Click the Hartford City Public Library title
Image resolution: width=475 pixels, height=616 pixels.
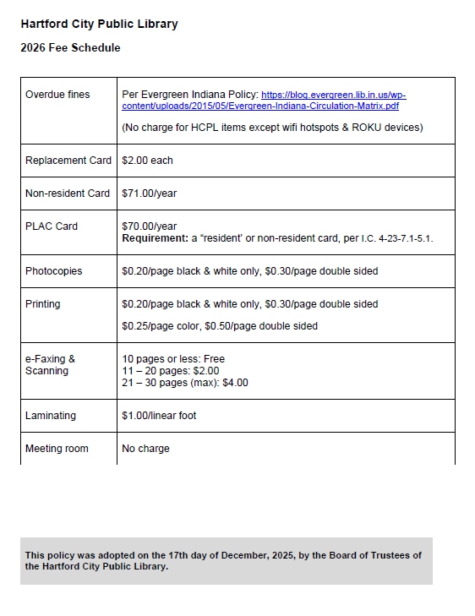(99, 25)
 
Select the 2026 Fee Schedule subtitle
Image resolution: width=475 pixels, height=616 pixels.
(70, 48)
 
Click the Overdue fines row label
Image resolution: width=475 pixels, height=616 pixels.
(57, 95)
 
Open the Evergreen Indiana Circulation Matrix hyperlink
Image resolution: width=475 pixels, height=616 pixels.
(333, 101)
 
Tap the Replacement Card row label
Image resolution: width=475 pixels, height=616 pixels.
(68, 161)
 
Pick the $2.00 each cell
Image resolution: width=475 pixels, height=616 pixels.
(147, 161)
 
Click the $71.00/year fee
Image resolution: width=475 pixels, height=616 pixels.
(150, 194)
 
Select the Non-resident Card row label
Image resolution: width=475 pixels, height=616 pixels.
(68, 194)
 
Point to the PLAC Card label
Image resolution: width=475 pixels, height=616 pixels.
(52, 226)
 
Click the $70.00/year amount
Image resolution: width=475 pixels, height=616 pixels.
(150, 226)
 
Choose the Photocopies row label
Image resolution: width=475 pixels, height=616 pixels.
(54, 271)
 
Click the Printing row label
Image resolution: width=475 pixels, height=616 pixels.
(43, 304)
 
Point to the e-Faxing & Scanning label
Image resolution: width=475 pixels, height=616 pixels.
(50, 365)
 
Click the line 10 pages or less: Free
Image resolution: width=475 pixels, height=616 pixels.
(173, 359)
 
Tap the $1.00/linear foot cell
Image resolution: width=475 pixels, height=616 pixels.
(159, 416)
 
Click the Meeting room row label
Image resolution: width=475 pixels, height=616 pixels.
(57, 449)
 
